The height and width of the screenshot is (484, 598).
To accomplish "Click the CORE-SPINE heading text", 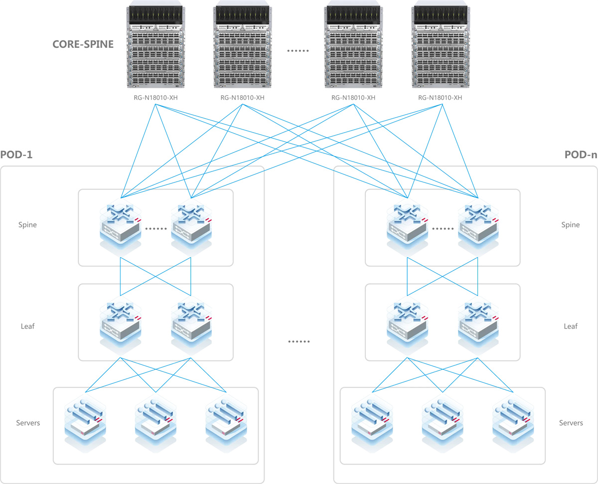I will point(83,44).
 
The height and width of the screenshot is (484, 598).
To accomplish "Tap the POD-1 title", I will point(17,155).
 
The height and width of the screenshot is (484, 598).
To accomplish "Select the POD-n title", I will point(581,155).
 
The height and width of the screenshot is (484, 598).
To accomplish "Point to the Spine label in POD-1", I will point(27,225).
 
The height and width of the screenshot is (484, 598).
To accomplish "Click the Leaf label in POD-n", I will point(571,326).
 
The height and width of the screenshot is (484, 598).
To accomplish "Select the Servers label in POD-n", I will point(571,423).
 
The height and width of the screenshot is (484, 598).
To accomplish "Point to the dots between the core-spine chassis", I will point(299,51).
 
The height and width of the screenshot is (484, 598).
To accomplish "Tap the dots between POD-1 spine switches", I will point(156,229).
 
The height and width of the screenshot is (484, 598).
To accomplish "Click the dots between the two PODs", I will point(299,342).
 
